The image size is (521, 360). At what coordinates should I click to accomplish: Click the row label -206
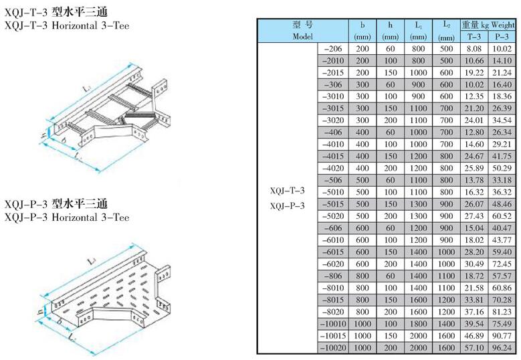click(x=332, y=50)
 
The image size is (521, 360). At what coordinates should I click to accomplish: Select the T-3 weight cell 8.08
click(x=473, y=50)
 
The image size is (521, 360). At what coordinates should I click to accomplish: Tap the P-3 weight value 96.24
click(x=501, y=348)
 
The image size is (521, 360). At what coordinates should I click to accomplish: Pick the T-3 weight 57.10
click(x=473, y=348)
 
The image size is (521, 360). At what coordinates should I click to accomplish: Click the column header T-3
click(x=473, y=37)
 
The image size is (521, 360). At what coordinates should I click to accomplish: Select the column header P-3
click(x=501, y=37)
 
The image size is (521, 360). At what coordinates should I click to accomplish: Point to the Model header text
click(x=302, y=37)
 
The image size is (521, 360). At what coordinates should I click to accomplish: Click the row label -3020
click(x=332, y=120)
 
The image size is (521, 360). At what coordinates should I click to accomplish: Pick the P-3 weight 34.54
click(x=501, y=120)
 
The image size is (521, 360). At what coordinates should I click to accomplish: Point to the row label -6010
click(x=332, y=240)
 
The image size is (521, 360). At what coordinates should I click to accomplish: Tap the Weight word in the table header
click(x=502, y=25)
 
